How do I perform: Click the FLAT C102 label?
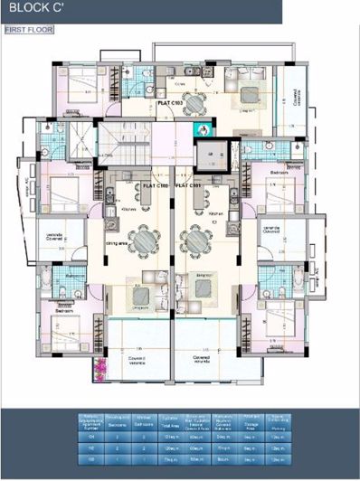click(156, 184)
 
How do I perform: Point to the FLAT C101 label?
click(188, 184)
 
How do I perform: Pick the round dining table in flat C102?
click(143, 240)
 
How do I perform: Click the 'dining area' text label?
click(116, 244)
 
